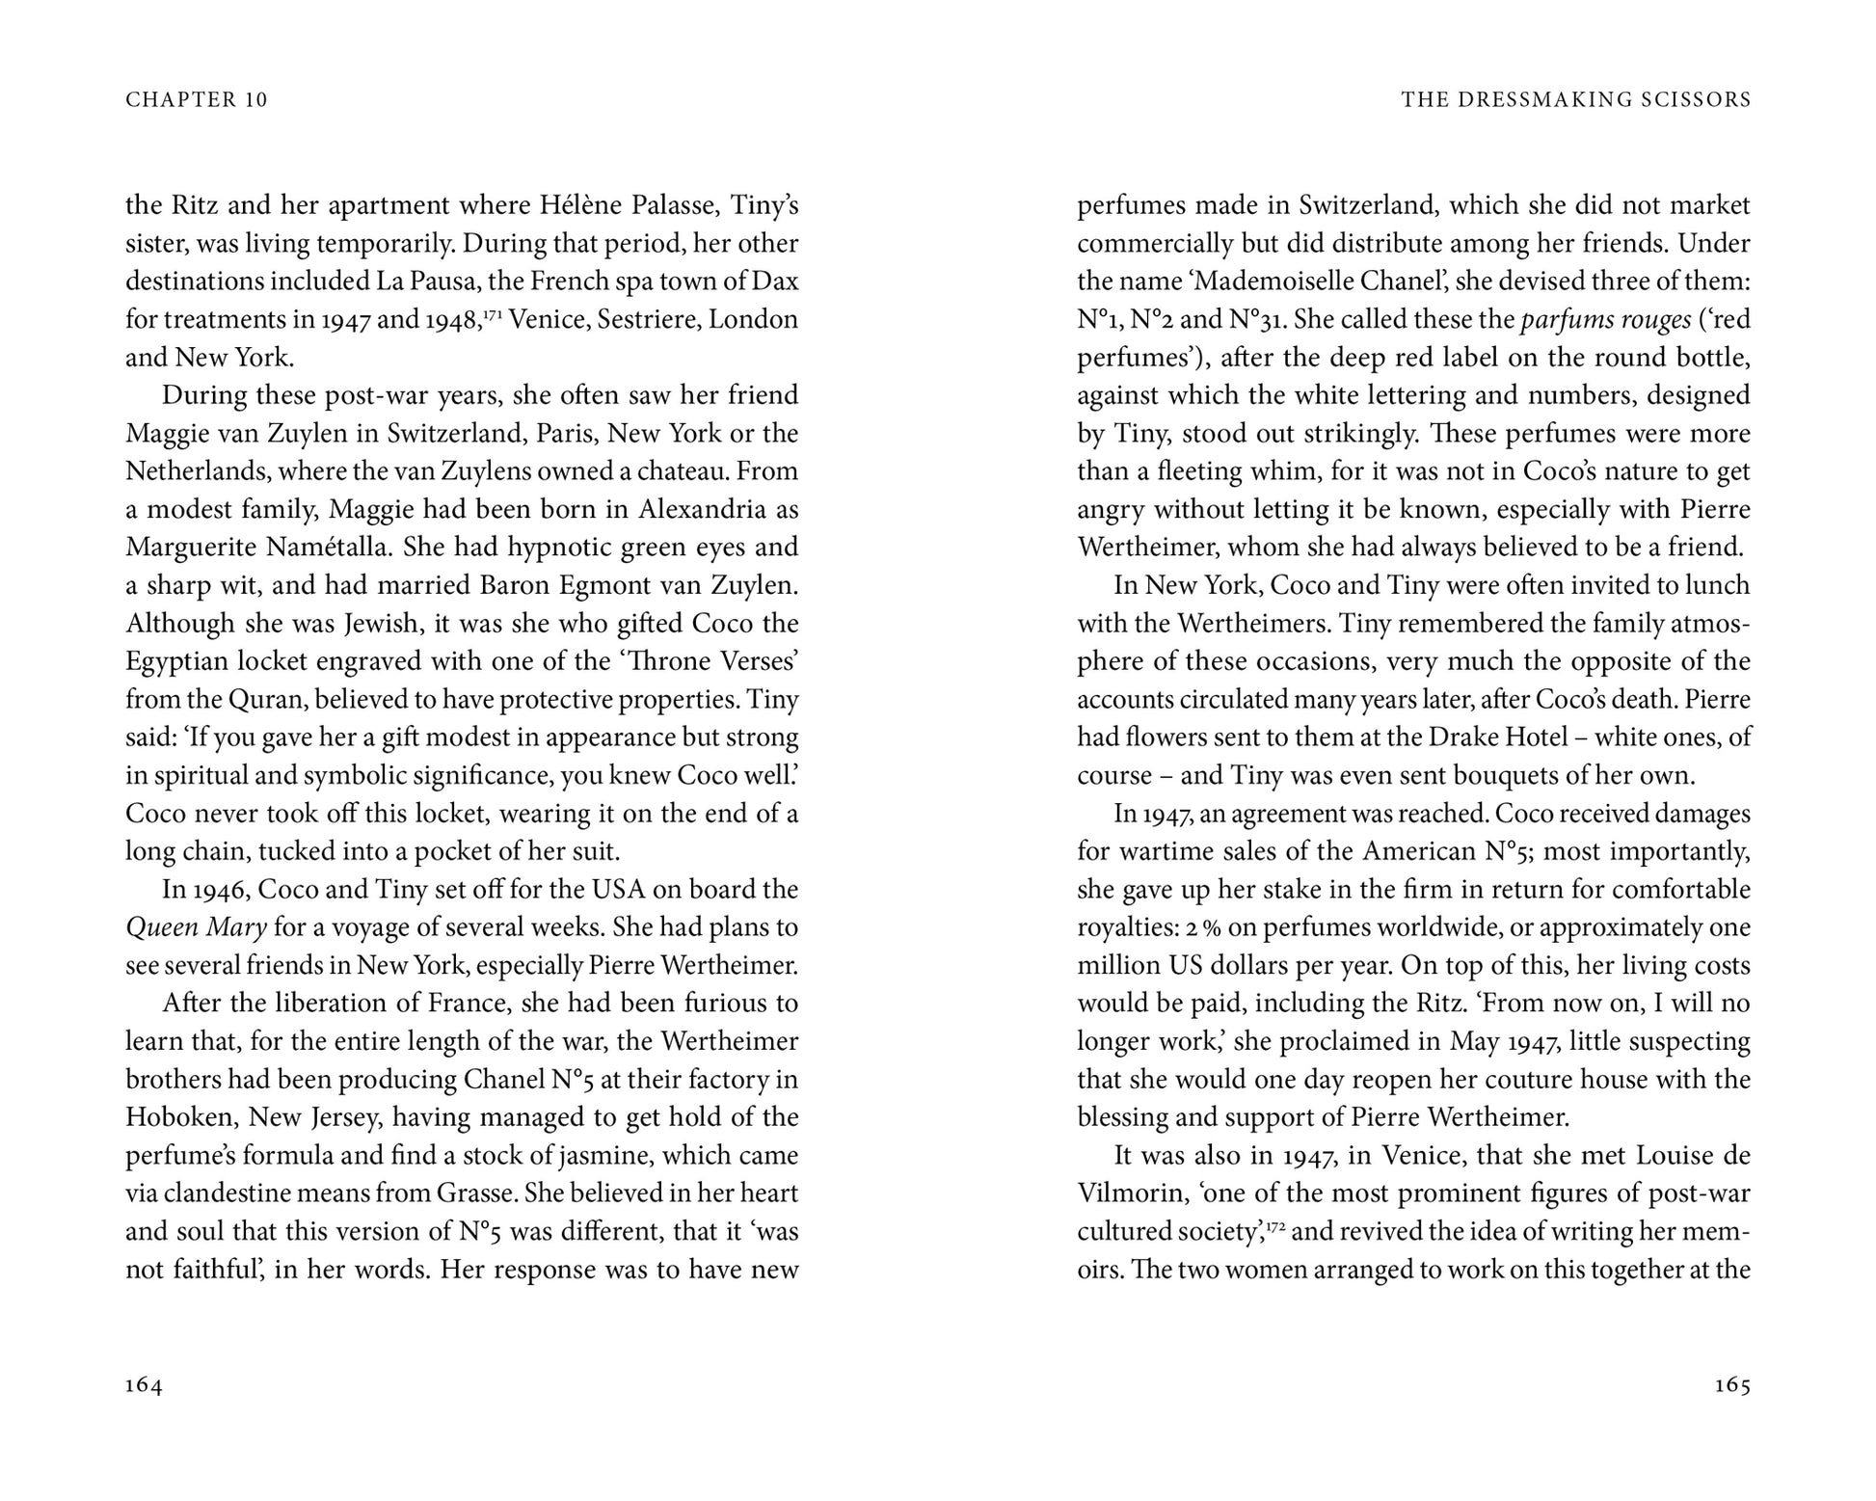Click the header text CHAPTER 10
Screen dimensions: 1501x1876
coord(197,99)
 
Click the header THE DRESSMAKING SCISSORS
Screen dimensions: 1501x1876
coord(1576,99)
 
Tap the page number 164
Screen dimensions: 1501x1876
coord(145,1385)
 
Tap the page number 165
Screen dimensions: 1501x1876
coord(1732,1385)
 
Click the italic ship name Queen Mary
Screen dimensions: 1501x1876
coord(196,927)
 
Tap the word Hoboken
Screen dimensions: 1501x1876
coord(177,1117)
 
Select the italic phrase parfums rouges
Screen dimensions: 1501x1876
coord(1605,319)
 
